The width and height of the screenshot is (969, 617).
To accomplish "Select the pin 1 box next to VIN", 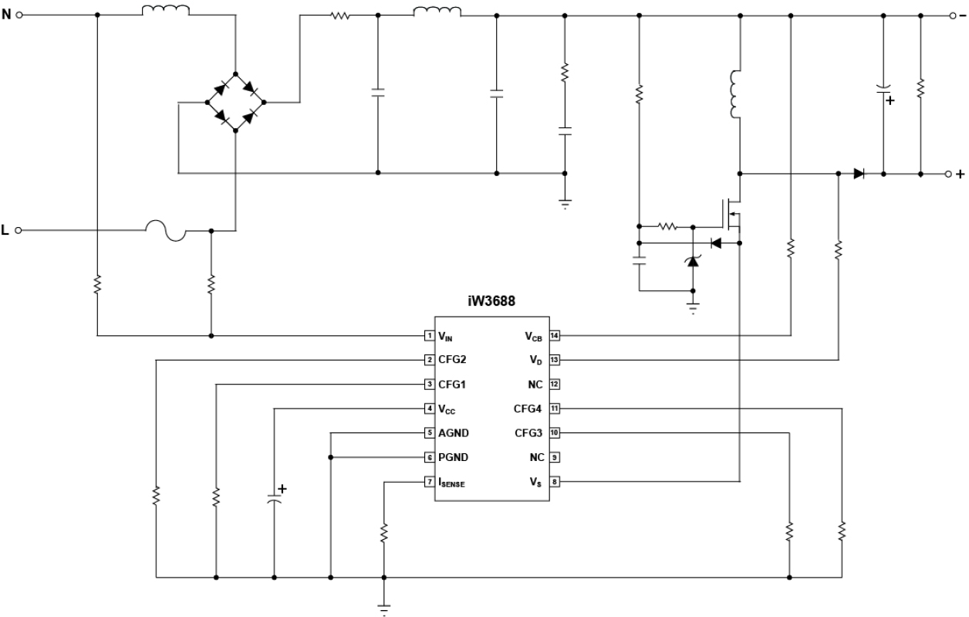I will click(x=428, y=336).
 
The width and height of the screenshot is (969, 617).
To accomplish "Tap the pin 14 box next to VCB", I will click(x=554, y=336).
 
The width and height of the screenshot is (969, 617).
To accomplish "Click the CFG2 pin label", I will click(x=452, y=360).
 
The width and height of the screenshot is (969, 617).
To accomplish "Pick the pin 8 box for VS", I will click(x=554, y=482).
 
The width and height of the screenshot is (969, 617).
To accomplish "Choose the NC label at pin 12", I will click(x=536, y=385).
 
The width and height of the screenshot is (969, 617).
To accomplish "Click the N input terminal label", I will click(x=8, y=15).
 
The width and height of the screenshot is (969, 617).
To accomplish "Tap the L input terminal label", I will click(x=7, y=230).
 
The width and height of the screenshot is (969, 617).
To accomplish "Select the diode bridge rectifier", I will click(x=235, y=101).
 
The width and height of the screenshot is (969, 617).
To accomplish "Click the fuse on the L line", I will click(x=167, y=230).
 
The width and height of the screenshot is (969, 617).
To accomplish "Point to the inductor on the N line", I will click(x=166, y=12).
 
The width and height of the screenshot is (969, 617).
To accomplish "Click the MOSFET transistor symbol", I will click(x=731, y=215).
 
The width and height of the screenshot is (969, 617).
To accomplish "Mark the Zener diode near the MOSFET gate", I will click(x=692, y=261).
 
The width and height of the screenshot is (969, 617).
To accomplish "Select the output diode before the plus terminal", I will click(x=859, y=174).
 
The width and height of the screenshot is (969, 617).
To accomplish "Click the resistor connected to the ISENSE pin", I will click(x=384, y=532).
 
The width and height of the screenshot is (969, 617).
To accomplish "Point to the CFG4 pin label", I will click(x=531, y=409).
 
